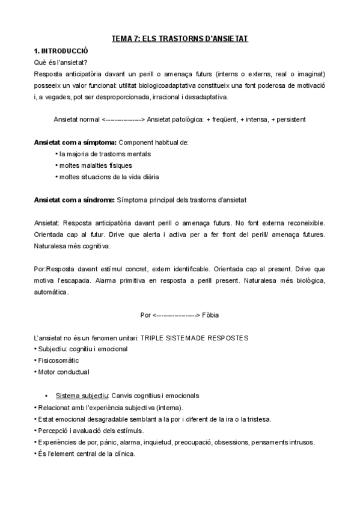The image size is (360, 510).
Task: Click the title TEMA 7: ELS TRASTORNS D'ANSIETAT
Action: pos(180,39)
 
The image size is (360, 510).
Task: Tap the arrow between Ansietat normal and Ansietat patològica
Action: pos(123,119)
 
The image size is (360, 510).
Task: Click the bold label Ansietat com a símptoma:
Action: pos(75,143)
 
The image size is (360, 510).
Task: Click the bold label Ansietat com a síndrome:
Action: pos(75,200)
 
